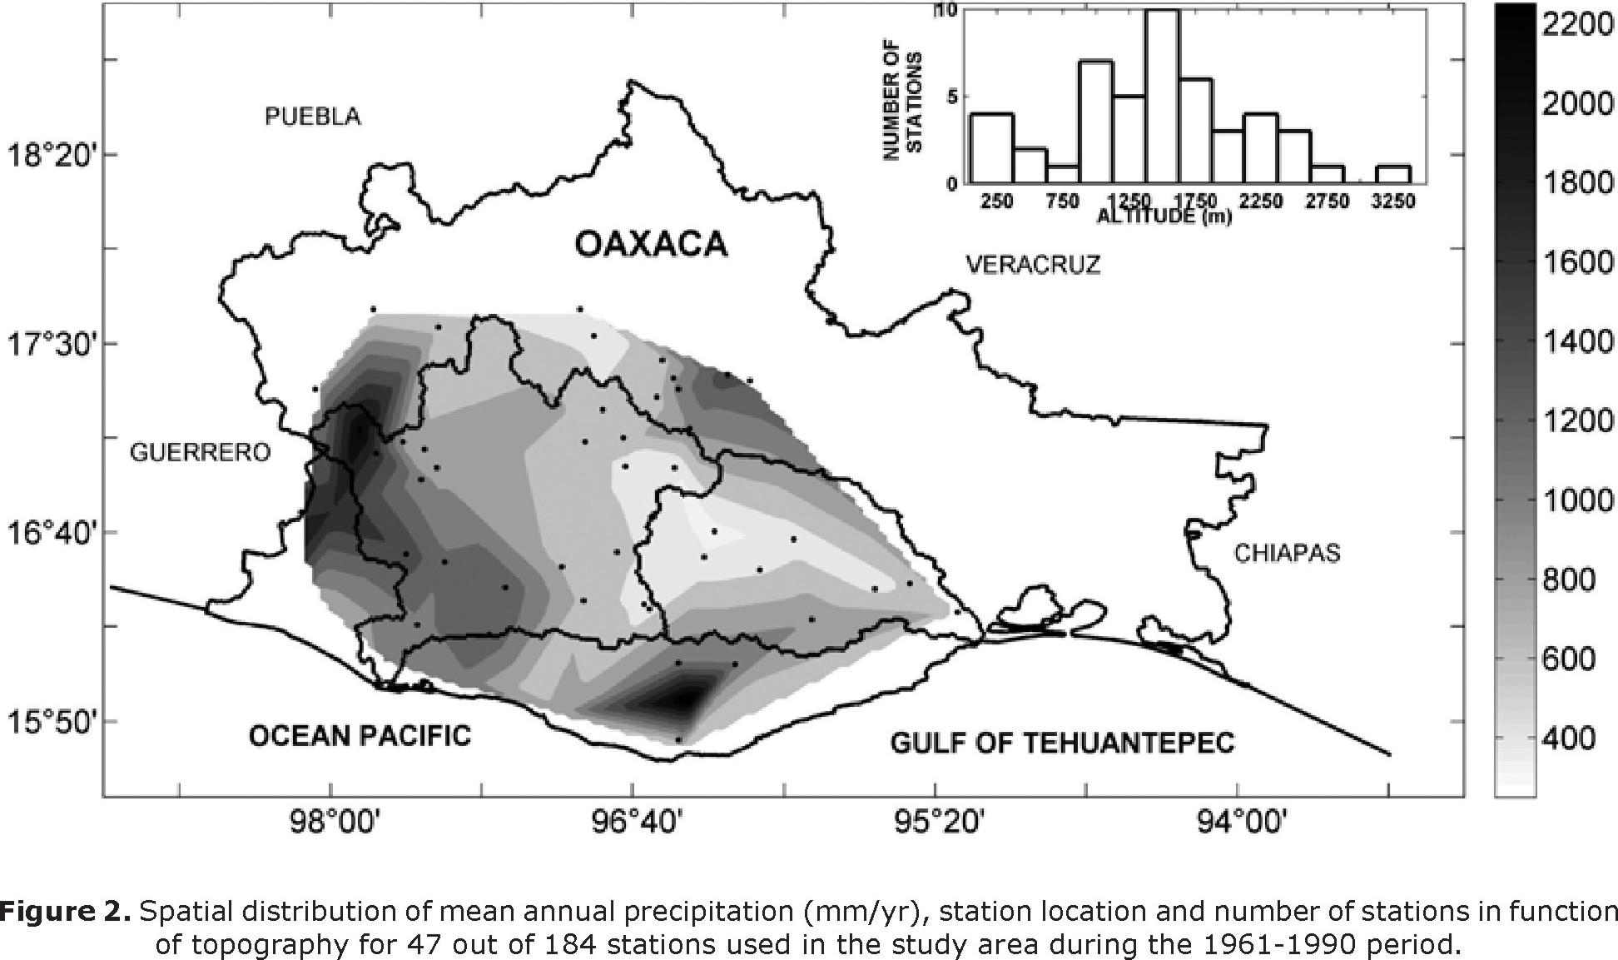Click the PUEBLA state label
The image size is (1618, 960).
pos(313,117)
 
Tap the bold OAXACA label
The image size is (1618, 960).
pos(652,245)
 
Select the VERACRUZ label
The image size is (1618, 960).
pos(1032,265)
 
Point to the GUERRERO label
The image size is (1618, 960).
pos(201,452)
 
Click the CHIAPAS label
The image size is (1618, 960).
pos(1287,553)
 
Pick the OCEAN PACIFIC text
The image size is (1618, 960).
pos(360,736)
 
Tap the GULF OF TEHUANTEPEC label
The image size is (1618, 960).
pos(1062,742)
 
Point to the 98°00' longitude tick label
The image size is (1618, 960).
pos(331,823)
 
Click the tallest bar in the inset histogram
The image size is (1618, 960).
pos(1161,96)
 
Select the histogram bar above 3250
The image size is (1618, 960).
pos(1392,174)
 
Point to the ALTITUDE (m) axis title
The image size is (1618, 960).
pos(1164,217)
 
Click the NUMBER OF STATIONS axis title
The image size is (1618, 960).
pos(902,104)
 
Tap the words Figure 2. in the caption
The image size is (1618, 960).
pos(65,913)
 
